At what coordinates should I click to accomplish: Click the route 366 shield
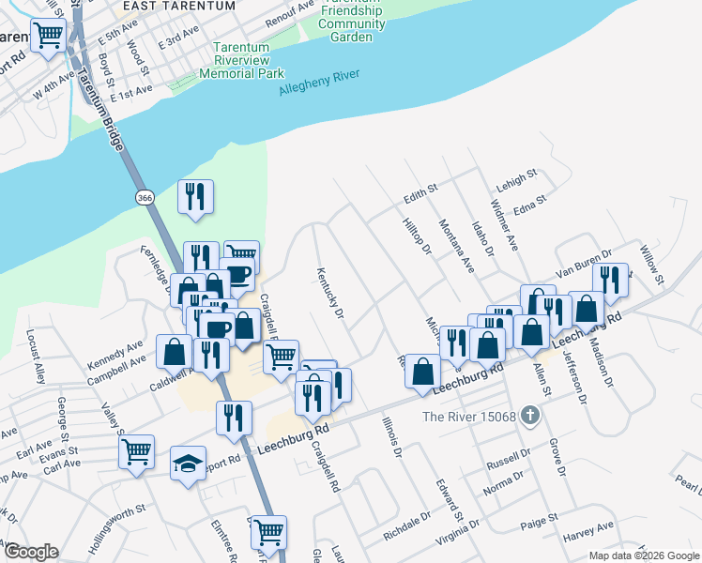pyautogui.click(x=145, y=198)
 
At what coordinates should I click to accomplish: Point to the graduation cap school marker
pyautogui.click(x=188, y=464)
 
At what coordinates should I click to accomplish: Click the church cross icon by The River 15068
pyautogui.click(x=531, y=415)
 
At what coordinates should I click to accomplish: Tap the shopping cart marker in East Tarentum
pyautogui.click(x=47, y=37)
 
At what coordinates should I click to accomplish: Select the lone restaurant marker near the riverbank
pyautogui.click(x=195, y=196)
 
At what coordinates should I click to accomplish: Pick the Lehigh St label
pyautogui.click(x=517, y=175)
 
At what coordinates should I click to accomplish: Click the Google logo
pyautogui.click(x=30, y=552)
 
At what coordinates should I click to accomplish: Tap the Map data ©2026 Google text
pyautogui.click(x=644, y=555)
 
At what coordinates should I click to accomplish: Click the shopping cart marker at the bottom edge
pyautogui.click(x=268, y=531)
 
